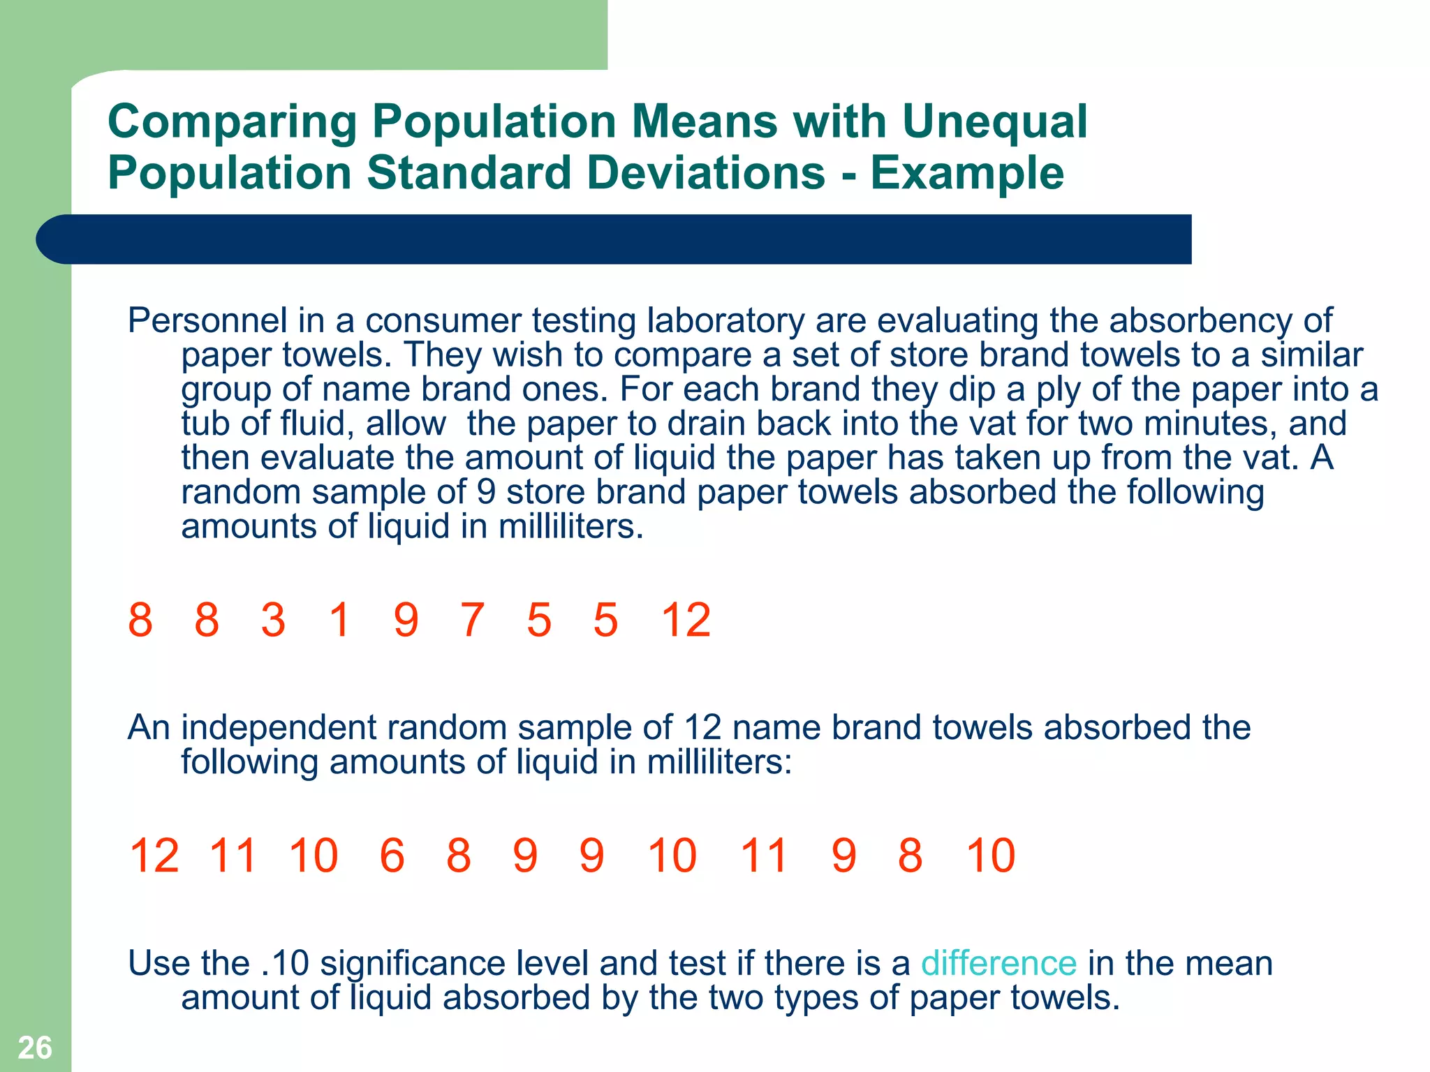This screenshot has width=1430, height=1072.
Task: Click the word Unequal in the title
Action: click(994, 121)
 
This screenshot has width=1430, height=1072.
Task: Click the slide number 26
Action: click(35, 1048)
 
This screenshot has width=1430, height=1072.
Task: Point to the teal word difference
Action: click(998, 964)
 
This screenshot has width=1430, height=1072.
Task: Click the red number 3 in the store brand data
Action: click(273, 620)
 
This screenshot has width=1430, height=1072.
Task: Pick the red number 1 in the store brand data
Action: click(339, 620)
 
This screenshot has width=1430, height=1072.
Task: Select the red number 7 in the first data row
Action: click(472, 620)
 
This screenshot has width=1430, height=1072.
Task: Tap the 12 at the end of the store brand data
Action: click(686, 620)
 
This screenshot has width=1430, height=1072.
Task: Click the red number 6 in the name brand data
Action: click(392, 856)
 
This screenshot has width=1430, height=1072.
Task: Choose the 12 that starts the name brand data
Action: click(154, 856)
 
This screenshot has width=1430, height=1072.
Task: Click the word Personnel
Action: click(207, 321)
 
